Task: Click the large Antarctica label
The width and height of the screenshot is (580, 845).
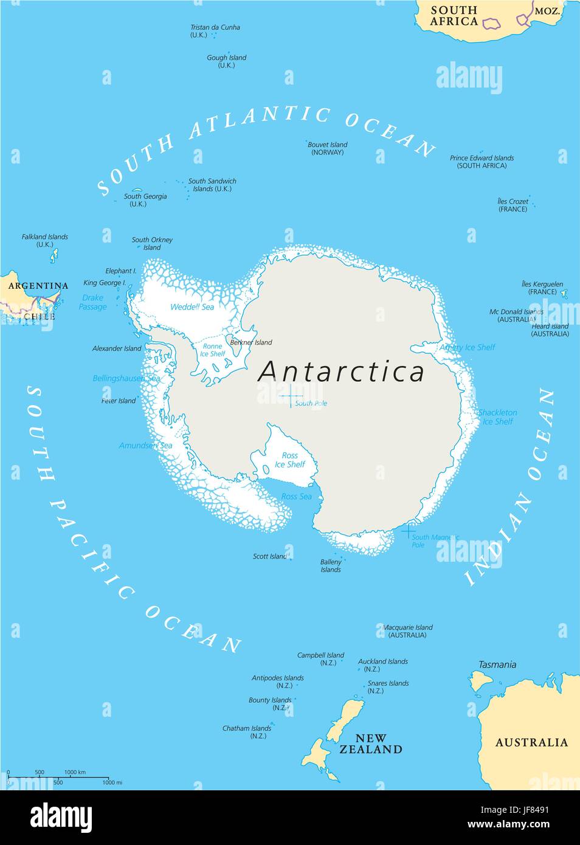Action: [x=341, y=372]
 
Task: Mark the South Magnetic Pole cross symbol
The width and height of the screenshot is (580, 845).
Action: [x=409, y=530]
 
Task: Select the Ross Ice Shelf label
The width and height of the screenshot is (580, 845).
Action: [x=290, y=460]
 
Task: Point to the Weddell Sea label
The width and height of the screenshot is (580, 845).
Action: [x=192, y=307]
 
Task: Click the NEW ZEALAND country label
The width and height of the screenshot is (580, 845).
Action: [x=370, y=744]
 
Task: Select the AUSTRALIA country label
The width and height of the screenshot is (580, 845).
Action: [x=531, y=742]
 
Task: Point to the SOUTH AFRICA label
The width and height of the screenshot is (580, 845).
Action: [x=454, y=16]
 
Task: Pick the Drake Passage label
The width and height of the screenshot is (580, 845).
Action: [x=92, y=302]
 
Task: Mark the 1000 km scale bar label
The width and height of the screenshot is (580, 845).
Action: [x=75, y=772]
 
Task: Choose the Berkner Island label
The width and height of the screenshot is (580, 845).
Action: [x=251, y=342]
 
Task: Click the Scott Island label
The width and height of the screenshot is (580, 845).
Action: [x=269, y=556]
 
